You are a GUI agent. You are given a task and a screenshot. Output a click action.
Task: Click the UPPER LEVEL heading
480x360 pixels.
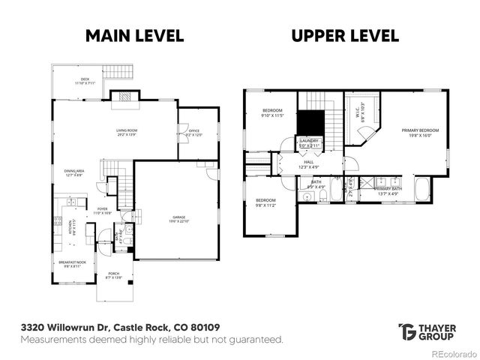point(345,36)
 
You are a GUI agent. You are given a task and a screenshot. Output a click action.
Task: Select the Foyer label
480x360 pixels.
point(102,211)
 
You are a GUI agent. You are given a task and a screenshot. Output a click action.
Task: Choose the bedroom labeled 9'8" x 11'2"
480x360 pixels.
point(266,202)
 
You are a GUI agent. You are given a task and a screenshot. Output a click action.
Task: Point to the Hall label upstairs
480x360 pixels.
point(308,163)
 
